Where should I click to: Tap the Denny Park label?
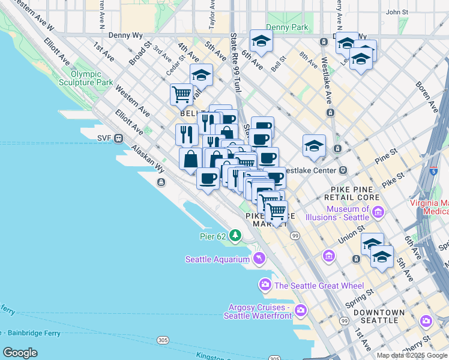(287, 28)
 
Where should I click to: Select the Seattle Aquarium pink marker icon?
(259, 259)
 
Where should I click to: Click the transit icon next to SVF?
(119, 138)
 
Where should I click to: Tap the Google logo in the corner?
(20, 353)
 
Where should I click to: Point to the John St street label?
(397, 11)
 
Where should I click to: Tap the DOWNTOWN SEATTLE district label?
(379, 316)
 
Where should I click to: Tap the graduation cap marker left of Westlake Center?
(314, 145)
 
